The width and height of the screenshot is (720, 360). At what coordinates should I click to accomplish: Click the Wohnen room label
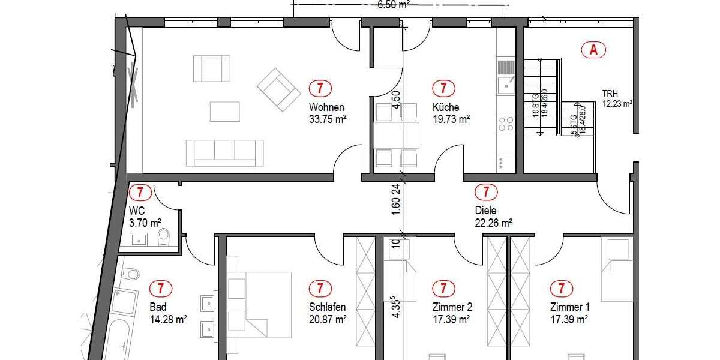[x=326, y=107]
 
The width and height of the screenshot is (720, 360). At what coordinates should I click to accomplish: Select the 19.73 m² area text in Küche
[x=451, y=119]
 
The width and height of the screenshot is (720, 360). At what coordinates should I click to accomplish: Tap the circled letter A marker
[x=594, y=50]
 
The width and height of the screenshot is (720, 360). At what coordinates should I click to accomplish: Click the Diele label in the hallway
[x=485, y=211]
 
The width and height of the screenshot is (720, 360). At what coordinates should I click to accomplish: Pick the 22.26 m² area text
[x=493, y=223]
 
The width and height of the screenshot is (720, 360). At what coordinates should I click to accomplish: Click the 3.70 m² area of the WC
[x=145, y=223]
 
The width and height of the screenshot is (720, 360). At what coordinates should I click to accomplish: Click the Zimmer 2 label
[x=452, y=307]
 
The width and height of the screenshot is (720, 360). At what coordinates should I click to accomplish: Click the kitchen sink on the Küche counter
[x=506, y=77]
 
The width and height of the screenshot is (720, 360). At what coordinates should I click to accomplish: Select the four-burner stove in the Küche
[x=506, y=124]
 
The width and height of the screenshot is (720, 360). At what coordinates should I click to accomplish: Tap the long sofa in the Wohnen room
[x=224, y=152]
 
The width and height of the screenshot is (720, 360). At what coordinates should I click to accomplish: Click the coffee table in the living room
[x=224, y=111]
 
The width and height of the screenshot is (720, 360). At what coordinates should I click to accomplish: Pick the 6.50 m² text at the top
[x=394, y=5]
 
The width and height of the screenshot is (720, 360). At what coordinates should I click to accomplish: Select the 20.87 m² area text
[x=328, y=320]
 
